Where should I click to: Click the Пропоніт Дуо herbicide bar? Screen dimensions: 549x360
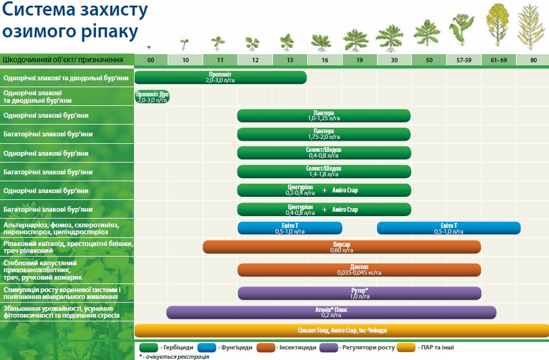point(152,97)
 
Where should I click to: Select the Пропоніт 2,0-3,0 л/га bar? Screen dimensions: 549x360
point(221,77)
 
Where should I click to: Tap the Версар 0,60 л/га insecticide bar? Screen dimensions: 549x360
point(341,247)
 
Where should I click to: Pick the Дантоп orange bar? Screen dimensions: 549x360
point(359,270)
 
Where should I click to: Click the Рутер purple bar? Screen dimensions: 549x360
point(360,293)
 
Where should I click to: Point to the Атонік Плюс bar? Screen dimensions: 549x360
point(332,313)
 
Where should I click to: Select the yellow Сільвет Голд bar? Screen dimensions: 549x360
point(341,331)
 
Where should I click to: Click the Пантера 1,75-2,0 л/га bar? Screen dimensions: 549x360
point(324,134)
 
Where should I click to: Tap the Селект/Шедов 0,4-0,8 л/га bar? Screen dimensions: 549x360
point(324,153)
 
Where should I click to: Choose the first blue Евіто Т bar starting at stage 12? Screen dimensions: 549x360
point(290,228)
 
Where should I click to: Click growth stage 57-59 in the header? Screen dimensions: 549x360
point(464,60)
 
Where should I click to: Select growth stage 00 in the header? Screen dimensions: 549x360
point(151,60)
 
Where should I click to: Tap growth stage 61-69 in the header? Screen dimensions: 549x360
point(499,60)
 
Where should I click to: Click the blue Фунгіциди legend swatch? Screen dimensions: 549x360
point(206,348)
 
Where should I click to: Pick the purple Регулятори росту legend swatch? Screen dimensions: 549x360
point(329,348)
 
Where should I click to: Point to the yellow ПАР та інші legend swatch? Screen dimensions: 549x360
point(407,348)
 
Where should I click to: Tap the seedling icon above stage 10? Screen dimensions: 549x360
point(184,44)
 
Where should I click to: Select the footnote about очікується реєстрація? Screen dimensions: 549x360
point(174,357)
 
